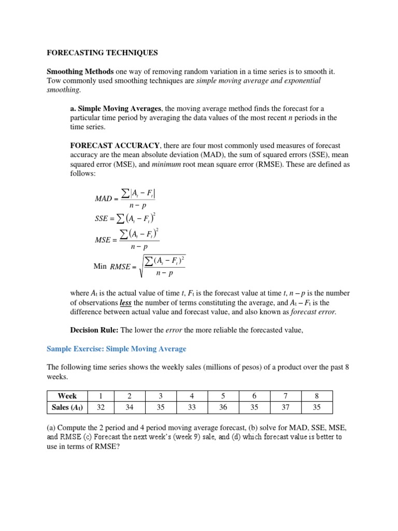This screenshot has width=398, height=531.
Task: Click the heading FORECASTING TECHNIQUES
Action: click(102, 53)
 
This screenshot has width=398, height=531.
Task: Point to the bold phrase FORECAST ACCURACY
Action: click(116, 146)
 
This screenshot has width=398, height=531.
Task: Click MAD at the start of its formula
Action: click(104, 199)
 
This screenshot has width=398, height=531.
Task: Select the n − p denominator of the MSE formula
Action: click(138, 247)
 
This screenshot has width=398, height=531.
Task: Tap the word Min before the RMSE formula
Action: click(100, 266)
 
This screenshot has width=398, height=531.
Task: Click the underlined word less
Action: click(125, 302)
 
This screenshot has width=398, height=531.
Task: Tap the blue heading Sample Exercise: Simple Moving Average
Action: click(116, 348)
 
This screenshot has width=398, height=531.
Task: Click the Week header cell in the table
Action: click(67, 396)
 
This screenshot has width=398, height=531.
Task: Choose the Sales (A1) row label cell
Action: click(67, 408)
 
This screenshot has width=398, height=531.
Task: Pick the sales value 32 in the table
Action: click(101, 408)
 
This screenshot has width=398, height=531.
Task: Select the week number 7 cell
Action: click(286, 396)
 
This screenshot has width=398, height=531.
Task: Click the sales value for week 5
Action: click(223, 408)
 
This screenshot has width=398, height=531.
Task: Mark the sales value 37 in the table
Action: click(286, 408)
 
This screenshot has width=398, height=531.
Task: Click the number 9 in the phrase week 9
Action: click(209, 437)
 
